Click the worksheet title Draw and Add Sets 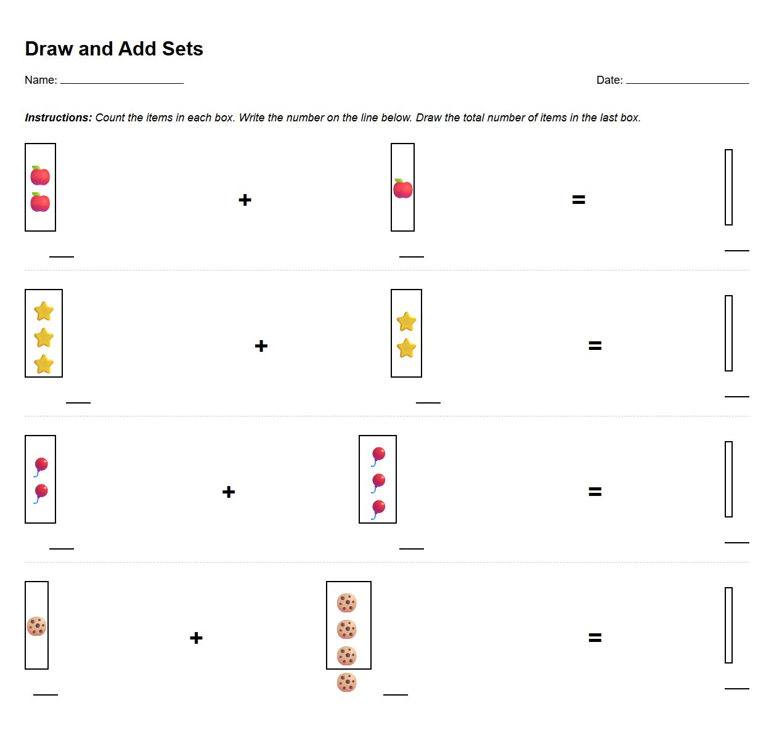(x=114, y=49)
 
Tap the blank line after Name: (x=121, y=81)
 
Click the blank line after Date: (x=687, y=81)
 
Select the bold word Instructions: (x=59, y=118)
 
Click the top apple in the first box (x=40, y=176)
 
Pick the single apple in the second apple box (x=403, y=189)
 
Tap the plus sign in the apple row (x=245, y=200)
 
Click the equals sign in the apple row (x=579, y=200)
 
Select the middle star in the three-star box (x=44, y=338)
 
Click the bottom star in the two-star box (x=407, y=349)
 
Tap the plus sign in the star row (x=261, y=346)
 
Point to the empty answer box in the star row (x=728, y=333)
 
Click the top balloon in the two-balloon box (x=41, y=466)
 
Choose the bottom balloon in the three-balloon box (x=378, y=509)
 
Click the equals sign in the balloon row (x=595, y=492)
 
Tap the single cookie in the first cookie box (x=37, y=627)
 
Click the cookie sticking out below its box (x=347, y=683)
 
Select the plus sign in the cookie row (x=196, y=638)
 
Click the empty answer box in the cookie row (x=728, y=625)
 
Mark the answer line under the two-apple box (x=62, y=256)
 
